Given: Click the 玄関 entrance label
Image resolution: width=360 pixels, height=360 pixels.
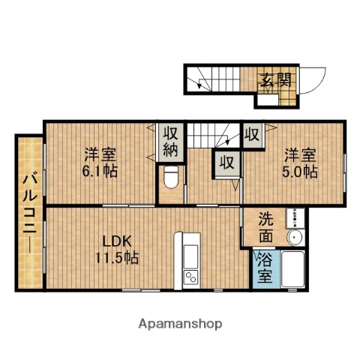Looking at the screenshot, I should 276,79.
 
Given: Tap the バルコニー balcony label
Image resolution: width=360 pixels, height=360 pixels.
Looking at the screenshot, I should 29,212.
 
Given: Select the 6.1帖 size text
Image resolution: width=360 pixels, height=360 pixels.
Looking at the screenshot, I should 100,171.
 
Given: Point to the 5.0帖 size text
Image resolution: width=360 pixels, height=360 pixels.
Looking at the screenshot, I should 300,171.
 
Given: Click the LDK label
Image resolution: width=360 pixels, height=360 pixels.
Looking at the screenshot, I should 117,241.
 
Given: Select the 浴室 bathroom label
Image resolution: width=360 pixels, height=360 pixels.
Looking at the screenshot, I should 265,268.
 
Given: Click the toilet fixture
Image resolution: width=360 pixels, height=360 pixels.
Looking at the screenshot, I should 170,178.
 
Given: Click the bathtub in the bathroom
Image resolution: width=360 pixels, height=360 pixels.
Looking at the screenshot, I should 292,269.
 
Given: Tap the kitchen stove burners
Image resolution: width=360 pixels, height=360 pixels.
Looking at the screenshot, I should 190,277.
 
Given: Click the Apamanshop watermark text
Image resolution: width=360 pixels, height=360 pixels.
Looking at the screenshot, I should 180,324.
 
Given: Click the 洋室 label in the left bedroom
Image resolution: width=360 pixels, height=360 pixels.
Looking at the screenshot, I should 100,155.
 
